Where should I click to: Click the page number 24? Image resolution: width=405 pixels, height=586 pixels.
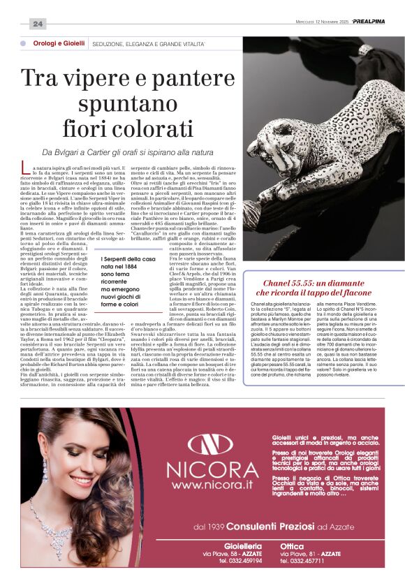tap(38, 24)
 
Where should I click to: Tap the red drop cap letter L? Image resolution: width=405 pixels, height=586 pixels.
tap(27, 168)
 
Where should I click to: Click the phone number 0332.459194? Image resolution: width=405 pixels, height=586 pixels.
tap(239, 561)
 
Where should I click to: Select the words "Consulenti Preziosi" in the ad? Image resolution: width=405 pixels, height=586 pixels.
tap(258, 525)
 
